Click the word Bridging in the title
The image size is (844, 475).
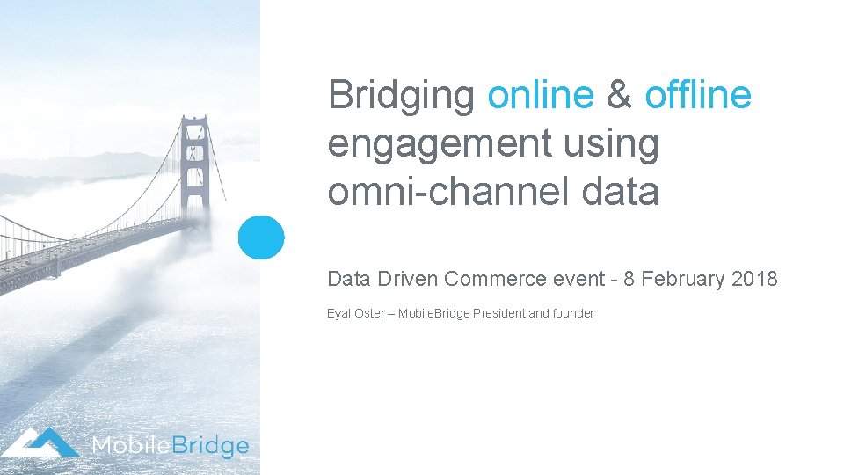(401, 95)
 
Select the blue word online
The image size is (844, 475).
(540, 95)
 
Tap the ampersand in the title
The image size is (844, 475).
(619, 95)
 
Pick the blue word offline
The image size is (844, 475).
(698, 95)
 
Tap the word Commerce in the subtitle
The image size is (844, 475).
(496, 280)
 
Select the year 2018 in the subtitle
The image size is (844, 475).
(754, 280)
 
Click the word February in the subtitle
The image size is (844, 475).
(683, 280)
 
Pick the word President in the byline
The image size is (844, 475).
(498, 313)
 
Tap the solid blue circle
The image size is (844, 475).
(262, 237)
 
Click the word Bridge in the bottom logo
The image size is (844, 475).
(212, 446)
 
